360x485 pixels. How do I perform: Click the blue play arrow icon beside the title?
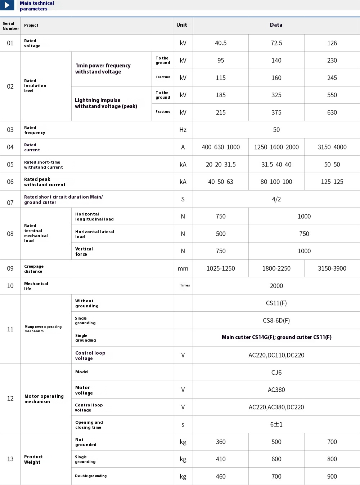(x=7, y=5)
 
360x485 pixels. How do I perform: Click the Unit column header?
(x=182, y=25)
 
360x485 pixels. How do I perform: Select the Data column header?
(x=276, y=25)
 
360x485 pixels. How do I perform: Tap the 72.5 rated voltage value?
(x=276, y=43)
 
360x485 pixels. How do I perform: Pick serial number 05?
(x=10, y=164)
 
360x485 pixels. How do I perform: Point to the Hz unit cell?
(x=183, y=130)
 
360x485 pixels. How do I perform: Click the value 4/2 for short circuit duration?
(x=276, y=199)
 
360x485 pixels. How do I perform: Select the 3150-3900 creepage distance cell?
(x=332, y=268)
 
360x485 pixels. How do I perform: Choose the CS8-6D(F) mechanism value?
(x=276, y=320)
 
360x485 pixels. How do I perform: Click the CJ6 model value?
(x=276, y=372)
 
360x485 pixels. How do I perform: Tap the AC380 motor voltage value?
(x=276, y=390)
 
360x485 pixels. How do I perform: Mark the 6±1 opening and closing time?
(x=276, y=424)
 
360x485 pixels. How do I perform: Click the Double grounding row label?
(x=91, y=476)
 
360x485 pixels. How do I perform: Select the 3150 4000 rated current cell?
(x=332, y=147)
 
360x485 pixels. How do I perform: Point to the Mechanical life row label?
(x=36, y=286)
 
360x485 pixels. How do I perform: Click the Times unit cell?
(x=185, y=285)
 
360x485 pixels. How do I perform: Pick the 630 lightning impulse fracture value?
(x=332, y=112)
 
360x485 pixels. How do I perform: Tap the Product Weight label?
(x=33, y=459)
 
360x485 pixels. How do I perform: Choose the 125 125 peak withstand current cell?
(x=332, y=182)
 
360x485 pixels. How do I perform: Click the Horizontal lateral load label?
(x=94, y=234)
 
